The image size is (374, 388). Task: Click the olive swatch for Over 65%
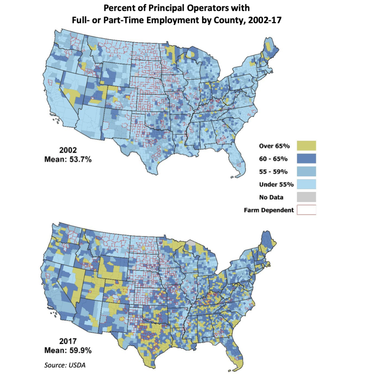[306, 145]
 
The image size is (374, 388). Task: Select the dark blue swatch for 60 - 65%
[306, 158]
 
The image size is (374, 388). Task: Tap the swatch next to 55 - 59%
[306, 171]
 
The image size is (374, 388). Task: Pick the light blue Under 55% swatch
[306, 184]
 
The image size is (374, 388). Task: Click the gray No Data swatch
[306, 197]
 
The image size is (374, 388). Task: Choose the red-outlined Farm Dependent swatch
[306, 210]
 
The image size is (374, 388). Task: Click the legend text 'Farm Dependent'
[269, 210]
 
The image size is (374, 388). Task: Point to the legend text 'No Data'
[271, 197]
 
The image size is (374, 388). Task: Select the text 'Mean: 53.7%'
[68, 160]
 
